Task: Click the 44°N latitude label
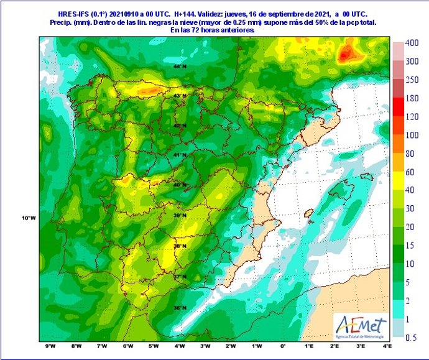pyautogui.click(x=180, y=66)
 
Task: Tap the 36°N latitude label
pyautogui.click(x=180, y=308)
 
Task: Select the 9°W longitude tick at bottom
pyautogui.click(x=50, y=346)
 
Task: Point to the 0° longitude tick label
pyautogui.click(x=283, y=346)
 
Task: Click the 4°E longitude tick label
pyautogui.click(x=387, y=346)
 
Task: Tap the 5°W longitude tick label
pyautogui.click(x=153, y=346)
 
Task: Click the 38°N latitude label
pyautogui.click(x=180, y=246)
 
